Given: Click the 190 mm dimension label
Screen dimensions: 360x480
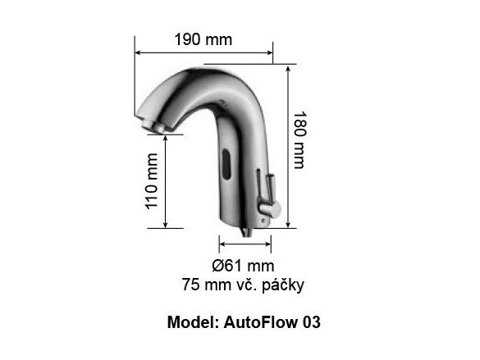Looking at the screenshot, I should pos(203,39).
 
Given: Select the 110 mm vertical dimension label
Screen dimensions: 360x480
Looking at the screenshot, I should pos(151,180).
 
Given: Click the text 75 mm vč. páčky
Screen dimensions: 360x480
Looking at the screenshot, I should pos(243,285).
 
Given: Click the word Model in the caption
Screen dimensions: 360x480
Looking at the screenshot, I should pos(190,322).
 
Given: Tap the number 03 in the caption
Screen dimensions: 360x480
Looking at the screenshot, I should pos(310,322).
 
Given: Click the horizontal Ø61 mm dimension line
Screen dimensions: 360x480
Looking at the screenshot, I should pos(244,243).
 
